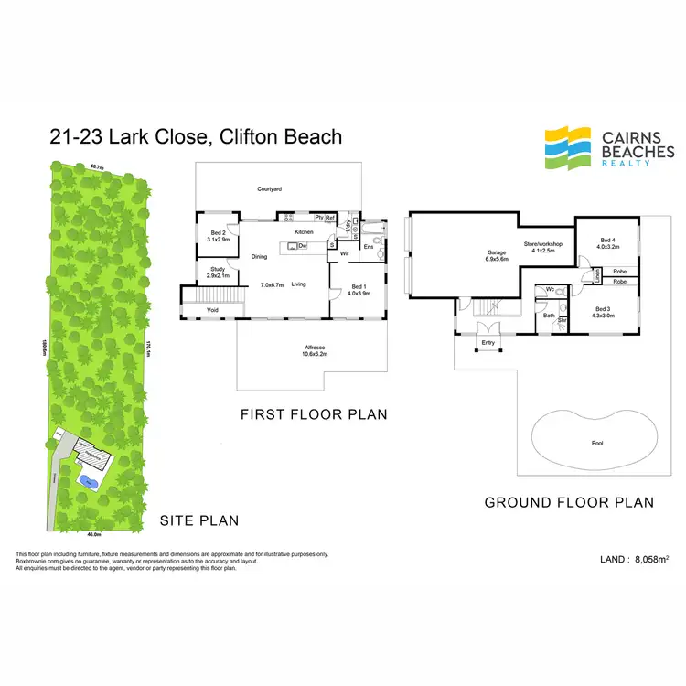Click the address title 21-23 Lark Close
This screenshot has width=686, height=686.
pos(196,137)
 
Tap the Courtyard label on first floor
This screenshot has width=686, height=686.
pos(268,189)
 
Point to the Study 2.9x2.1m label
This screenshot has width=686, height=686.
pos(217,272)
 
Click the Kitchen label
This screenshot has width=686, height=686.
pos(304,232)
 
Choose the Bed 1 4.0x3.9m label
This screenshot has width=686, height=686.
pos(359,290)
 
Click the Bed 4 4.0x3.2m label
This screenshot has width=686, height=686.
pos(608,243)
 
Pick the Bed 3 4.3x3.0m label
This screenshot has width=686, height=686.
pos(604,312)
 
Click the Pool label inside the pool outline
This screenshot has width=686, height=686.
pos(596,443)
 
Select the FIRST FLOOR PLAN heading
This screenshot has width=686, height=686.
pos(314,414)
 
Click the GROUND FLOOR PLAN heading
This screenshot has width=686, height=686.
pos(569,502)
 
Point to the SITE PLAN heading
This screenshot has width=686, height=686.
pos(199,520)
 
